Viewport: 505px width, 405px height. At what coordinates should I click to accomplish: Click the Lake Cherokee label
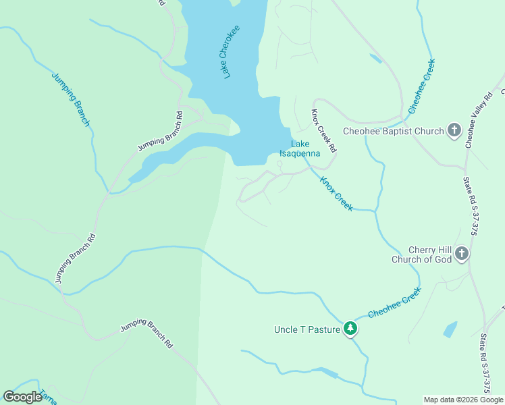pos(232,52)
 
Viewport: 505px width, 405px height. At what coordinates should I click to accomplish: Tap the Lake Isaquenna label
pos(300,148)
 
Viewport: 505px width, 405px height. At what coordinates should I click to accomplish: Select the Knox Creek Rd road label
pos(323,130)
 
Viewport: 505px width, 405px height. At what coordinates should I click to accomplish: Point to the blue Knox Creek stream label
pos(336,194)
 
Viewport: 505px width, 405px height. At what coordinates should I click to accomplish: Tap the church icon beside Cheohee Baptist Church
pos(454,130)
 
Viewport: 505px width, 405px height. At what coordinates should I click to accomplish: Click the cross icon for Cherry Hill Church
pos(462,254)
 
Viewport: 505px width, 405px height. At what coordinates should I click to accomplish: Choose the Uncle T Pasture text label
pos(307,329)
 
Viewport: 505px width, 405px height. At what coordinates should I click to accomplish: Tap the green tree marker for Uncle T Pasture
pos(350,329)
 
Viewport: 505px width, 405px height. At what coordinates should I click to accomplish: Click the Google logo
pos(22,397)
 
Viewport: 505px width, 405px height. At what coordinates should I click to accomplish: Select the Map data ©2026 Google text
pos(462,400)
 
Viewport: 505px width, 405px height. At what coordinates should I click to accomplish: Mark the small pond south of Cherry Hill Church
pos(450,329)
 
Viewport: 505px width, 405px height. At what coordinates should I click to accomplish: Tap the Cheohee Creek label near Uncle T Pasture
pos(394,303)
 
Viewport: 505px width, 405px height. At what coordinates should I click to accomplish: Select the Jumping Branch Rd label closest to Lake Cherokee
pos(161,132)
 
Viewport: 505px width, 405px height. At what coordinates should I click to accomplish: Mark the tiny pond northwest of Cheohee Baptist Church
pos(375,59)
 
